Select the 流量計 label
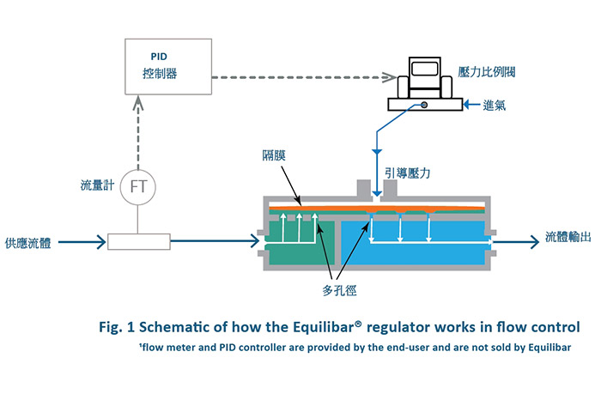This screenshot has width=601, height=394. pyautogui.click(x=97, y=185)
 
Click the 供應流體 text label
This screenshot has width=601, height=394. pyautogui.click(x=28, y=243)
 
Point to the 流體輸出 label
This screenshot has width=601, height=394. pyautogui.click(x=568, y=237)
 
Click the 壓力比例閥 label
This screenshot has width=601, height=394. pyautogui.click(x=487, y=71)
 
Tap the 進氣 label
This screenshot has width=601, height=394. pyautogui.click(x=494, y=105)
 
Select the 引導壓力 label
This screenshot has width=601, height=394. pyautogui.click(x=408, y=173)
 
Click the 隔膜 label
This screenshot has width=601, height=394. pyautogui.click(x=274, y=155)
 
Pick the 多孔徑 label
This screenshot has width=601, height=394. pyautogui.click(x=339, y=290)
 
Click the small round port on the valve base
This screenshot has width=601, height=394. pyautogui.click(x=424, y=105)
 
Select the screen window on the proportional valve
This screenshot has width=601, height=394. pyautogui.click(x=425, y=69)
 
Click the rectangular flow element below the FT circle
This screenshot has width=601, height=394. pyautogui.click(x=139, y=242)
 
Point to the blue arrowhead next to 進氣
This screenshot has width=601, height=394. pyautogui.click(x=467, y=104)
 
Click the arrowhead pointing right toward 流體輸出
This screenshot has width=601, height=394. pyautogui.click(x=535, y=242)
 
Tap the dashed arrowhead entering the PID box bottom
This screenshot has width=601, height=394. pyautogui.click(x=138, y=103)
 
